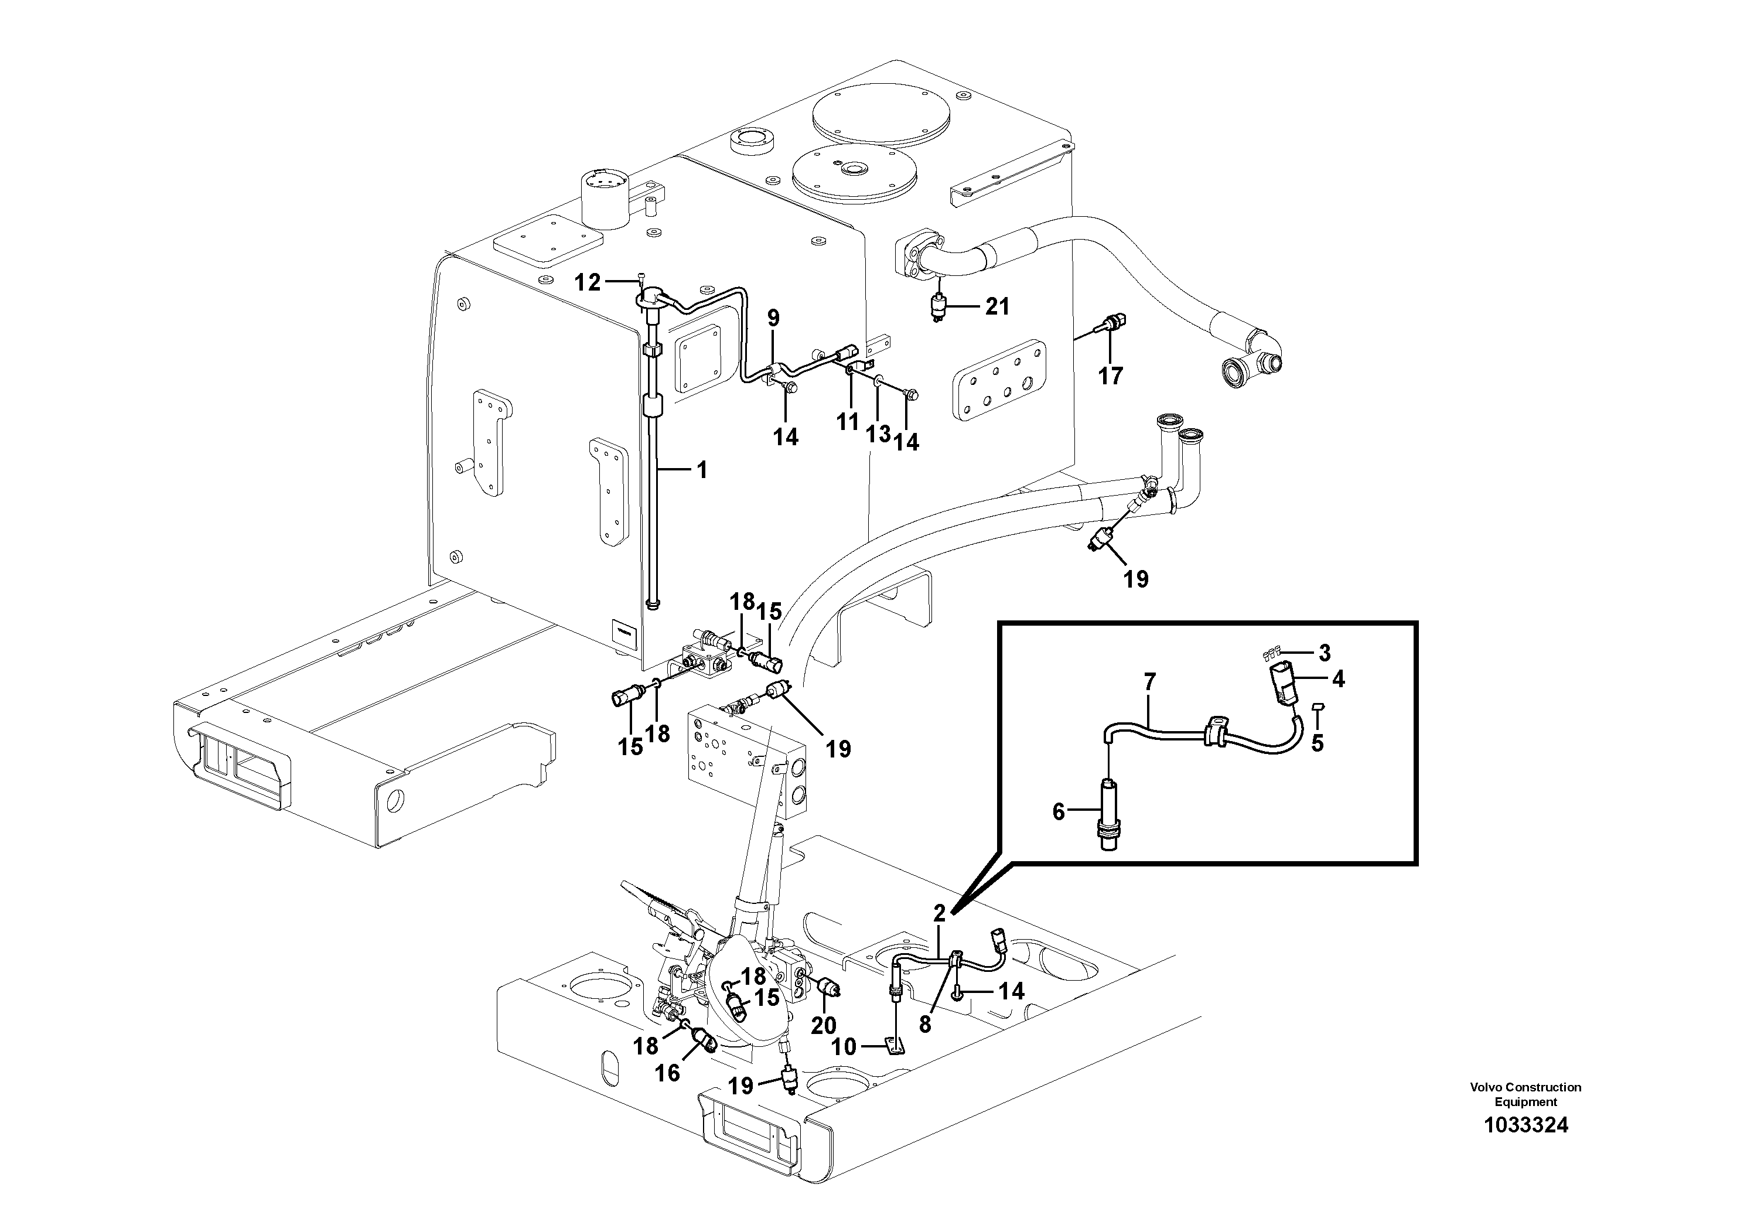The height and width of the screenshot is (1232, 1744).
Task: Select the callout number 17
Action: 1111,376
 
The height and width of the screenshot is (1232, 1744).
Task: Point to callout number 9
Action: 773,318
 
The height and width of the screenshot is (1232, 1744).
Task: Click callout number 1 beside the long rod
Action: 702,470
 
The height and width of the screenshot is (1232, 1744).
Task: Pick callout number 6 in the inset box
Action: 1059,812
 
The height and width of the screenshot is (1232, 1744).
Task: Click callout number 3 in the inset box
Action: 1325,653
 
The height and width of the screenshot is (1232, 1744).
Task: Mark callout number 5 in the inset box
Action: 1317,743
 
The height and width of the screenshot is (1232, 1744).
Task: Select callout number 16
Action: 668,1073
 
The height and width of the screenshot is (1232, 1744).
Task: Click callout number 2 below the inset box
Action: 940,914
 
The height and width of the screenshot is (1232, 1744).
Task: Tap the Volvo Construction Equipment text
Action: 1525,1094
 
